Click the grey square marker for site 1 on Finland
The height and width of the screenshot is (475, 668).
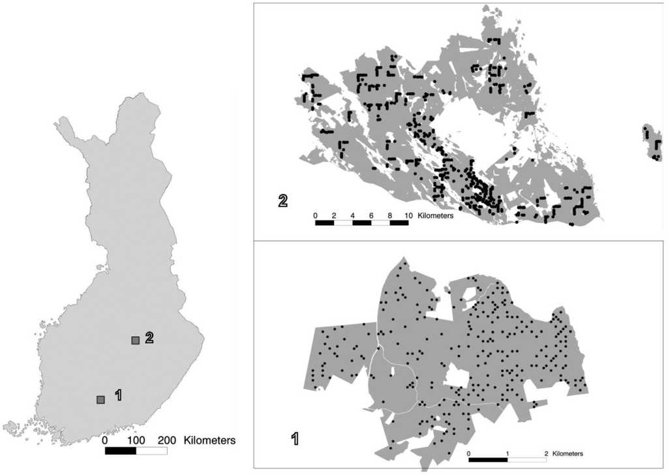[100, 399]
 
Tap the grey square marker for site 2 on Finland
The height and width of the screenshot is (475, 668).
[135, 340]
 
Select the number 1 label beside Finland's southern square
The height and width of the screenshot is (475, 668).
[118, 395]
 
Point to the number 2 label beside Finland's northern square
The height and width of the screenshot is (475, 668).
[149, 337]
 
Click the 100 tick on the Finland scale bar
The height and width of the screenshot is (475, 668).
[136, 440]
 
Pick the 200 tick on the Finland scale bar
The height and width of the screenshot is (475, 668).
[166, 440]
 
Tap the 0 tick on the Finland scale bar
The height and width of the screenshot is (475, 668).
[106, 440]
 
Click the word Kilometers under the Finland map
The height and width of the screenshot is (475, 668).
[210, 440]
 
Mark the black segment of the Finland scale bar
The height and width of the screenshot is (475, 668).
[120, 450]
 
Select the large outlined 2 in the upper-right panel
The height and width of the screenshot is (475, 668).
[282, 201]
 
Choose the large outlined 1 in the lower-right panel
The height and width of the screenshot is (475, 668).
[294, 438]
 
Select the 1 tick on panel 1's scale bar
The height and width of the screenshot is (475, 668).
[508, 453]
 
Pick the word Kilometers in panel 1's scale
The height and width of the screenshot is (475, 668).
[568, 453]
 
